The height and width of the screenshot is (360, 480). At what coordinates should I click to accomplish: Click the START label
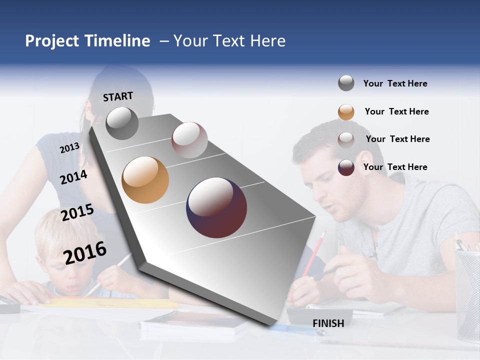click(118, 96)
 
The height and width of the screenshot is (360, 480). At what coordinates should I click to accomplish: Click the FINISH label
click(328, 323)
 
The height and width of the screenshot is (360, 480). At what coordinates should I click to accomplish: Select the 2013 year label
click(69, 148)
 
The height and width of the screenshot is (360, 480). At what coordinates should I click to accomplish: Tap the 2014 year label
click(73, 177)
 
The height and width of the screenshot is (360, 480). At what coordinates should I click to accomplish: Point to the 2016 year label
click(85, 252)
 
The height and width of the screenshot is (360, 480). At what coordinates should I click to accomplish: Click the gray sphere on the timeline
click(122, 123)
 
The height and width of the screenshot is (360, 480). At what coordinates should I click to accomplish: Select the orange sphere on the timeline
click(145, 180)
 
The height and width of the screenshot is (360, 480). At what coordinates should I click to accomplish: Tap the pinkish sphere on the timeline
click(189, 139)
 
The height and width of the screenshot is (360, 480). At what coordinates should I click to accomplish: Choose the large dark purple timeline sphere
click(216, 207)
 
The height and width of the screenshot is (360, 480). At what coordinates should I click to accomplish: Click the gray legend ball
click(346, 83)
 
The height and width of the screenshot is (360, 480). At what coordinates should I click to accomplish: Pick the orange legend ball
click(346, 112)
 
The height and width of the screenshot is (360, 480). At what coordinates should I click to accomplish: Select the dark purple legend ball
click(346, 167)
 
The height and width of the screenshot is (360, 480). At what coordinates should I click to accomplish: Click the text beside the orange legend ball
click(396, 111)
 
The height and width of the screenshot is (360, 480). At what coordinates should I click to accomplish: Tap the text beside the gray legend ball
click(395, 83)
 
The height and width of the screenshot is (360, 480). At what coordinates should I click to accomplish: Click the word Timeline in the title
click(117, 41)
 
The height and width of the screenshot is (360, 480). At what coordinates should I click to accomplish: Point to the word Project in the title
click(51, 41)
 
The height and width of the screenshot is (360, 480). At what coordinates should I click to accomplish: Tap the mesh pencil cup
click(467, 295)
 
